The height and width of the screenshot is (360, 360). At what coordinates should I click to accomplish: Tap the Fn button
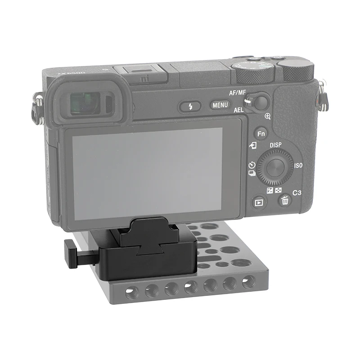point(261,134)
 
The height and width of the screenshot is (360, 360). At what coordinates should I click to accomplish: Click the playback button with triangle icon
point(259,202)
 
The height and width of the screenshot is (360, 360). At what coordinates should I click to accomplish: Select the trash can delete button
point(285,201)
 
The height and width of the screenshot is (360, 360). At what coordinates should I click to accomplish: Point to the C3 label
point(297,193)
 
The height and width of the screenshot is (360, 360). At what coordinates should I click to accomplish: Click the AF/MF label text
point(238,93)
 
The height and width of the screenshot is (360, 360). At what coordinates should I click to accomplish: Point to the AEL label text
point(238,110)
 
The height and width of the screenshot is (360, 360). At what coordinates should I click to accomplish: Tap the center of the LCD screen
point(148,173)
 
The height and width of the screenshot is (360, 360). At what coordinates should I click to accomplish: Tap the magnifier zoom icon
point(268,117)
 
